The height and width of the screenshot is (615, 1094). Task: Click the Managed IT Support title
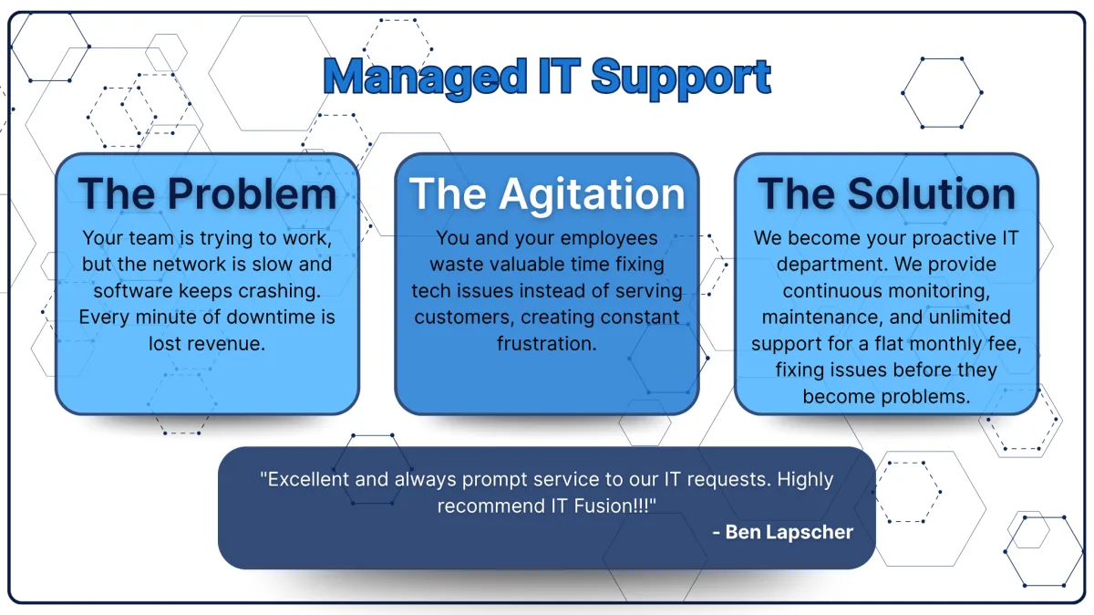tap(547, 78)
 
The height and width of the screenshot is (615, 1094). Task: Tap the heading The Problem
tap(207, 193)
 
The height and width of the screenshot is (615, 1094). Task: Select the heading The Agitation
tap(547, 193)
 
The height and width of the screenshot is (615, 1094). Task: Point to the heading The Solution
tap(886, 193)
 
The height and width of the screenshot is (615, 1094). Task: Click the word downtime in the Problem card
tap(264, 318)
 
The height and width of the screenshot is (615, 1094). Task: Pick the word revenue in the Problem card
tap(224, 344)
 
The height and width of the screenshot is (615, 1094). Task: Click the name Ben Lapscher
tap(790, 532)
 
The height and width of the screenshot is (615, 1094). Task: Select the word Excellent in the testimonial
tap(306, 479)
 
